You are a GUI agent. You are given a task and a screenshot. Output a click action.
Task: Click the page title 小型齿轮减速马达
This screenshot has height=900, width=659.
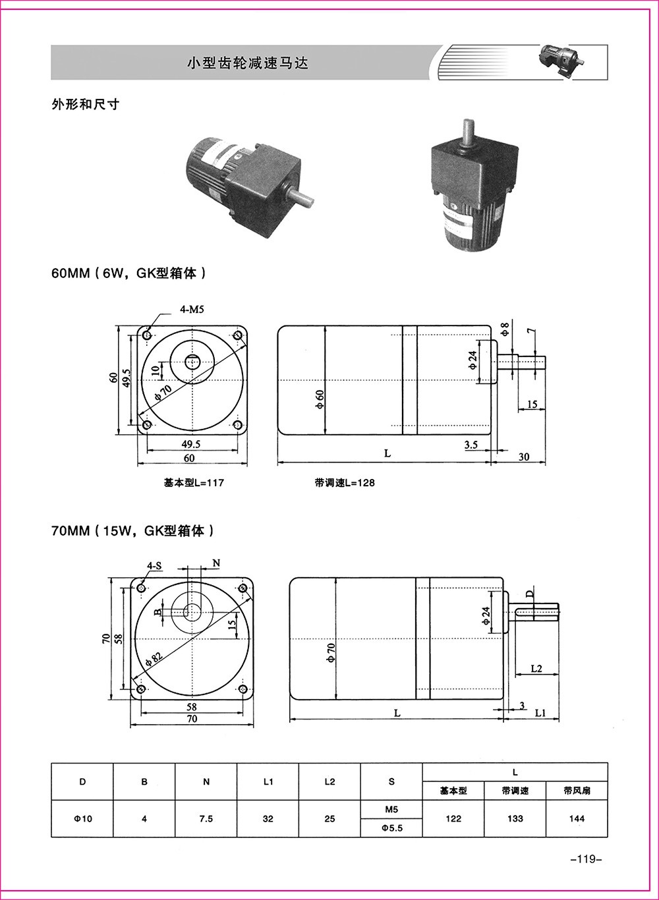[x=247, y=63]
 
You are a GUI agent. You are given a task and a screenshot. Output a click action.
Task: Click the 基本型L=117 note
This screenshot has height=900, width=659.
[x=194, y=483]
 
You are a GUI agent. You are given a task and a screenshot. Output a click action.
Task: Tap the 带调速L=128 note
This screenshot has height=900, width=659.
[x=344, y=483]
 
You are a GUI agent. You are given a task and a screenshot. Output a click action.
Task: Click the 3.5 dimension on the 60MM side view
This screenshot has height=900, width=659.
[x=471, y=445]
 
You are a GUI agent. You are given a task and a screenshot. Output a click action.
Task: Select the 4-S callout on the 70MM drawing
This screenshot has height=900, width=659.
[x=154, y=565]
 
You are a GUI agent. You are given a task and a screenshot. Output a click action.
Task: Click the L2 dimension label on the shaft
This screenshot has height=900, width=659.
[x=536, y=668]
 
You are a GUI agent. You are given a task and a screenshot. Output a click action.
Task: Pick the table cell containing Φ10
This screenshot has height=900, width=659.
[x=82, y=819]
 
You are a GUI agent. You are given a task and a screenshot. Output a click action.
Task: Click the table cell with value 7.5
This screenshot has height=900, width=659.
[x=206, y=819]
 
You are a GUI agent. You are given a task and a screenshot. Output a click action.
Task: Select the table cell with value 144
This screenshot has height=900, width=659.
[x=577, y=819]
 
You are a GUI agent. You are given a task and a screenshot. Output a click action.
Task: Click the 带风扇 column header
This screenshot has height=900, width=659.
[x=577, y=791]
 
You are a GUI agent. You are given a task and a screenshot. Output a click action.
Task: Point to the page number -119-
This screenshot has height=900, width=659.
[x=582, y=858]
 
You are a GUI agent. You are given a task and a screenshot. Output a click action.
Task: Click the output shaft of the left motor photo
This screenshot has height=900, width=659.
[x=301, y=195]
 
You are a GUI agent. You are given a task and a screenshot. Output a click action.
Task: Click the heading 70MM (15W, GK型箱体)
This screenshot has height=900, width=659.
[x=132, y=530]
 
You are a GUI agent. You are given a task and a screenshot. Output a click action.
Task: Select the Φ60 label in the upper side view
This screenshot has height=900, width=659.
[x=320, y=399]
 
